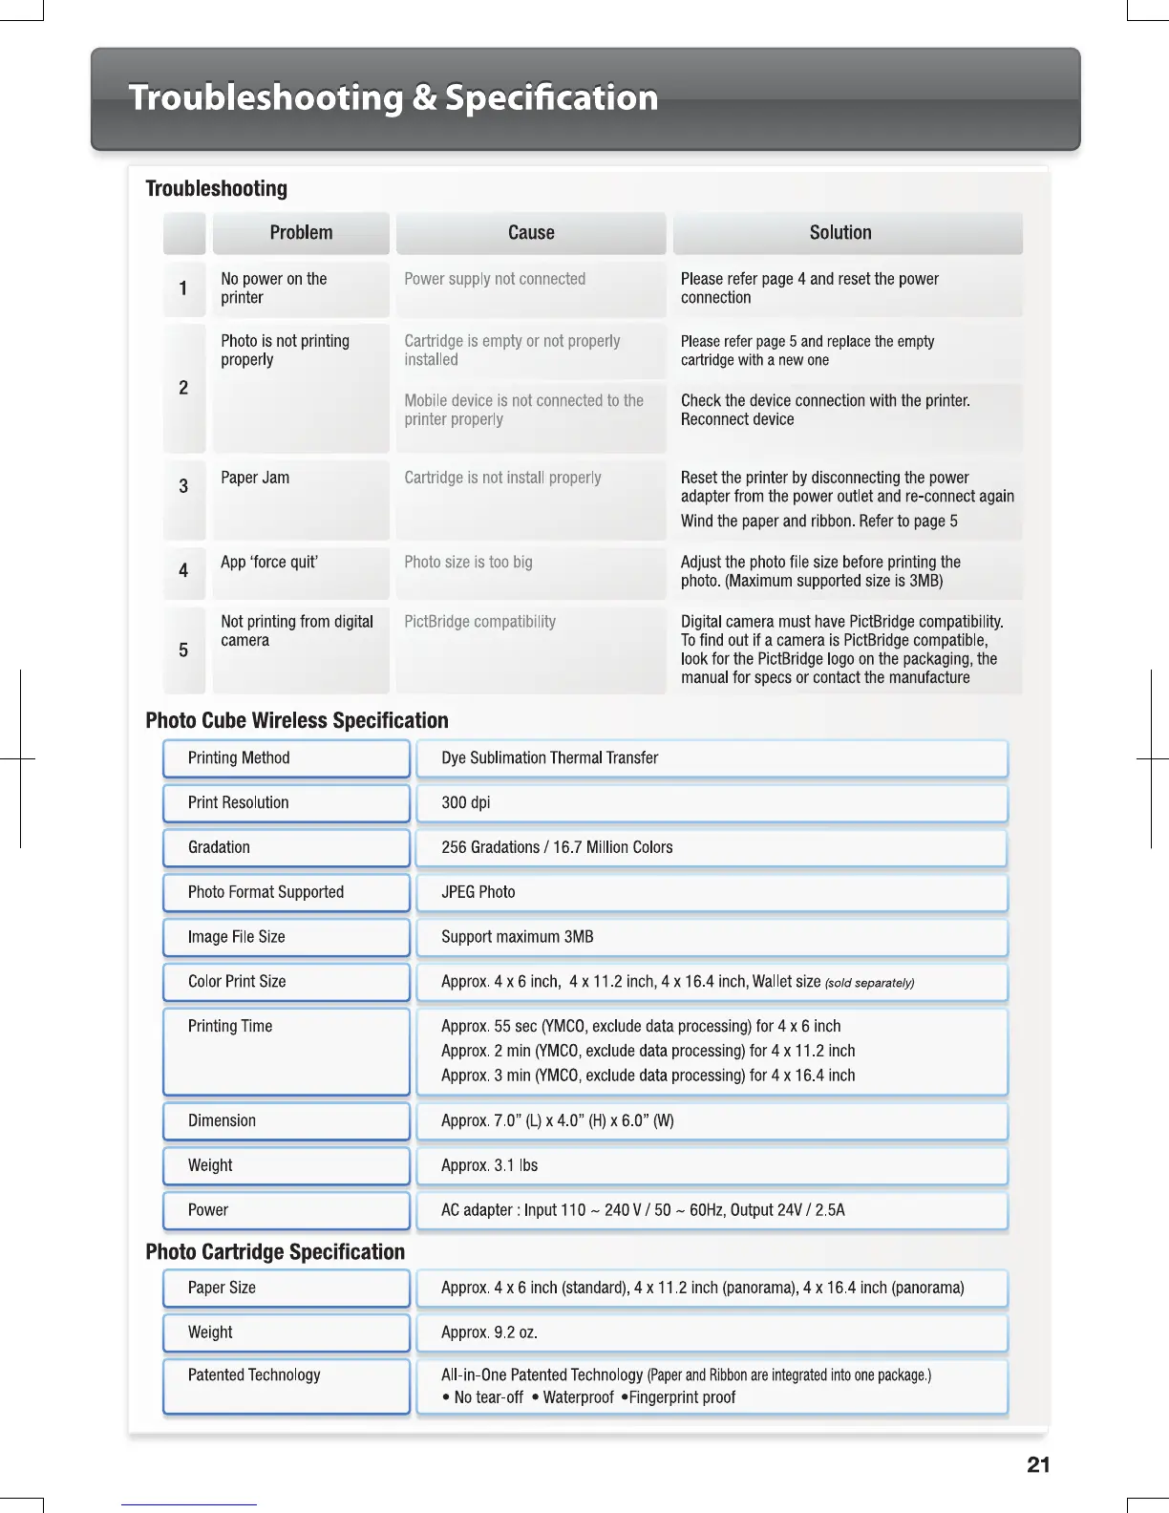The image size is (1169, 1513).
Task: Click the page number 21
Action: tap(1038, 1465)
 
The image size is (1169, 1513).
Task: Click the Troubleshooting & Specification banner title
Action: tap(393, 97)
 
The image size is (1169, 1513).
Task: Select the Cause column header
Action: tap(531, 233)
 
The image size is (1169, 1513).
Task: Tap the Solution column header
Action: tap(840, 233)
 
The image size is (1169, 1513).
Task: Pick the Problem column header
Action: tap(301, 233)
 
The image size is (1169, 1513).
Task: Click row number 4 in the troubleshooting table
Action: tap(183, 571)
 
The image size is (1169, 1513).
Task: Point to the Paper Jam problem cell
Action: tap(255, 478)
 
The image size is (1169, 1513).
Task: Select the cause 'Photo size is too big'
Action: tap(468, 563)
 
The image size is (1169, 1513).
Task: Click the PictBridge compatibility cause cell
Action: tap(479, 622)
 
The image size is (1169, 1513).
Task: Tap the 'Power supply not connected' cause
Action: tap(495, 279)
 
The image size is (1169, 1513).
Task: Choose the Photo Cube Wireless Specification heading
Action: tap(297, 721)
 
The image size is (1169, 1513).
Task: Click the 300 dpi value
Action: tap(466, 803)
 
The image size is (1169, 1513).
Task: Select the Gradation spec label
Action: tap(219, 847)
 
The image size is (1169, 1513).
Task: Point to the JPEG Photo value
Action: tap(478, 892)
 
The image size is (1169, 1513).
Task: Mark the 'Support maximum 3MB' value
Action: tap(517, 937)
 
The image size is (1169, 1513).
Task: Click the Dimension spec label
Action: tap(222, 1121)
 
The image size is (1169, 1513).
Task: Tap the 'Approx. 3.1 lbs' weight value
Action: tap(489, 1166)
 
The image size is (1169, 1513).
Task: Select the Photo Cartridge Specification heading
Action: tap(275, 1252)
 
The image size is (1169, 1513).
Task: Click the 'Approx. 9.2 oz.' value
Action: tap(489, 1333)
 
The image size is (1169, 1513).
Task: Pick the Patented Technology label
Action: tap(254, 1375)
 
